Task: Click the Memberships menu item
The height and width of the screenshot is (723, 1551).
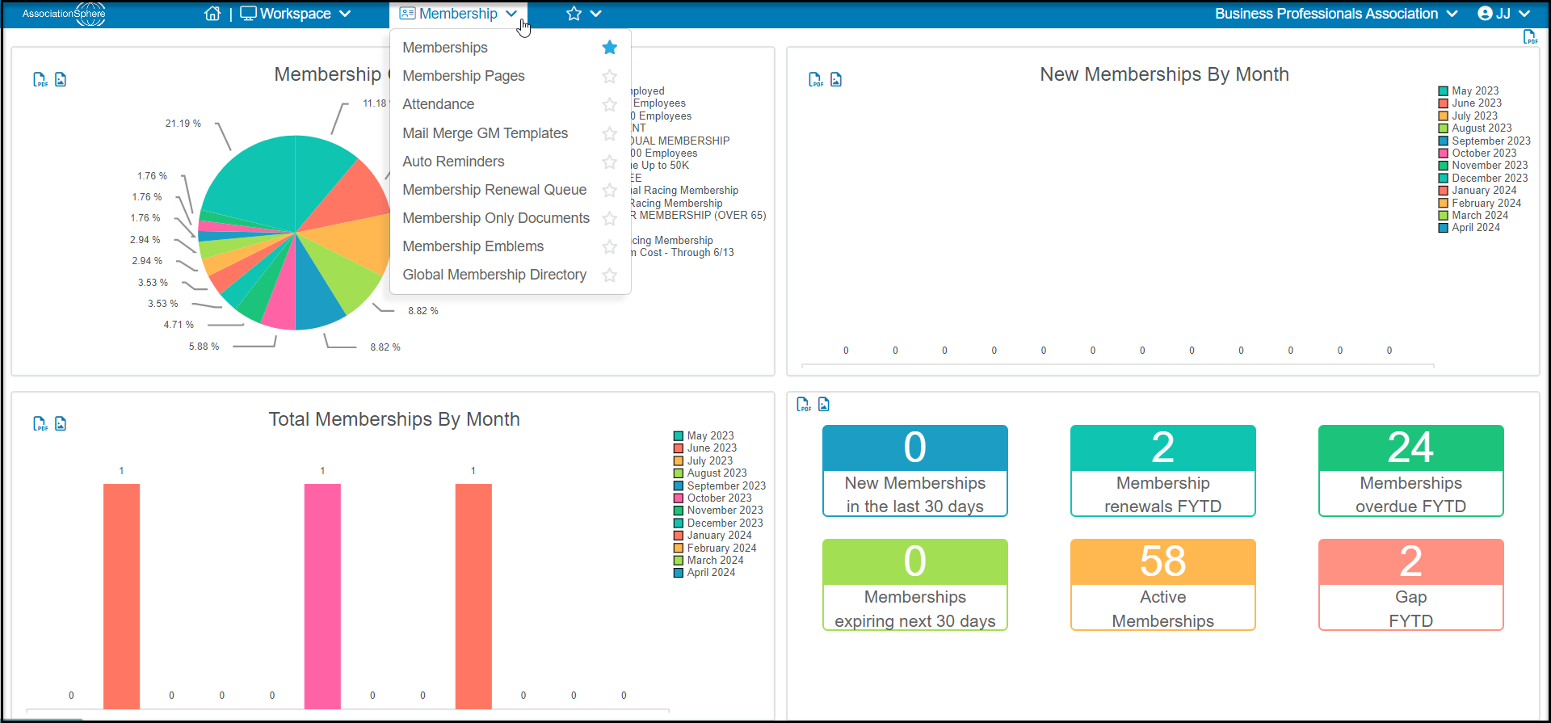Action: pyautogui.click(x=445, y=48)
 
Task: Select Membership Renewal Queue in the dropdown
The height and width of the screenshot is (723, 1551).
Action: pyautogui.click(x=494, y=190)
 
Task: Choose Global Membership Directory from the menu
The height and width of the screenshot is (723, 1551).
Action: pyautogui.click(x=494, y=275)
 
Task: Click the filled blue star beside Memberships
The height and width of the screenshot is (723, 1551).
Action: pyautogui.click(x=610, y=48)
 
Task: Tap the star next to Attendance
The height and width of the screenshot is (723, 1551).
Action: pyautogui.click(x=610, y=104)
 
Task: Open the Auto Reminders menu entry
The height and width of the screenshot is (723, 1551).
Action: pyautogui.click(x=453, y=162)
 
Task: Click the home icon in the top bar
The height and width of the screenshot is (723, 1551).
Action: pyautogui.click(x=212, y=14)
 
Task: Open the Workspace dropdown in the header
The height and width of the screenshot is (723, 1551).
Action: pyautogui.click(x=296, y=14)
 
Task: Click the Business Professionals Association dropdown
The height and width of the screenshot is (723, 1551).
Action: pyautogui.click(x=1336, y=14)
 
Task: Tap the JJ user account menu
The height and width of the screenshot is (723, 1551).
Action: pyautogui.click(x=1504, y=14)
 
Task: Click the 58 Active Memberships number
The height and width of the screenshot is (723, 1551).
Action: pyautogui.click(x=1163, y=561)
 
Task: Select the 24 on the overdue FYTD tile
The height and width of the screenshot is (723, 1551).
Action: pyautogui.click(x=1410, y=448)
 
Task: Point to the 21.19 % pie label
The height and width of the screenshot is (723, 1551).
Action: pyautogui.click(x=183, y=124)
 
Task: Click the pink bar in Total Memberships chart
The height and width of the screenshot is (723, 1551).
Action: pyautogui.click(x=322, y=596)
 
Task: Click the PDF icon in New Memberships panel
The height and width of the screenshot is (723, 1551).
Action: pyautogui.click(x=816, y=79)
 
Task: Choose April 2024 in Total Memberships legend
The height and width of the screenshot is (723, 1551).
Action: pyautogui.click(x=704, y=573)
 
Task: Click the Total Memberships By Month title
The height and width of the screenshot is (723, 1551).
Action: pyautogui.click(x=394, y=419)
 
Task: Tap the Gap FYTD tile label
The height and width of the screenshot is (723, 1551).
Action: pyautogui.click(x=1410, y=609)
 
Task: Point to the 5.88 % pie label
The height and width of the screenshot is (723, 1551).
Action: pyautogui.click(x=204, y=347)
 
